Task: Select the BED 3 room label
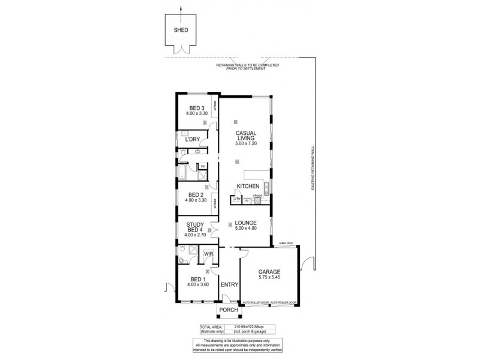(x=196, y=108)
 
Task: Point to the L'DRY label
(x=192, y=139)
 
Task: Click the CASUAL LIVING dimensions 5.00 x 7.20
(x=246, y=143)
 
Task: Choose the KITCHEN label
(x=247, y=186)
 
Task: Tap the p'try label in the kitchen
(x=237, y=198)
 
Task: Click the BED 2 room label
(x=196, y=194)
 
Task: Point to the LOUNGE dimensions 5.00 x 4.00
(x=246, y=228)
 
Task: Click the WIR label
(x=208, y=254)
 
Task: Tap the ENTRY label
(x=229, y=284)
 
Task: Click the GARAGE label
(x=269, y=271)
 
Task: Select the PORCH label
(x=228, y=310)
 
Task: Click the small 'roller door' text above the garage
(x=286, y=243)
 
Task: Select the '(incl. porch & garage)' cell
(x=257, y=331)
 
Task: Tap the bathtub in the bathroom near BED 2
(x=181, y=175)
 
